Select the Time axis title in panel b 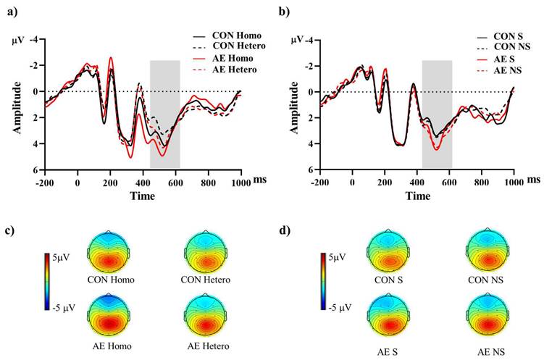coord(416,196)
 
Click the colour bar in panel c coord(47,281)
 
